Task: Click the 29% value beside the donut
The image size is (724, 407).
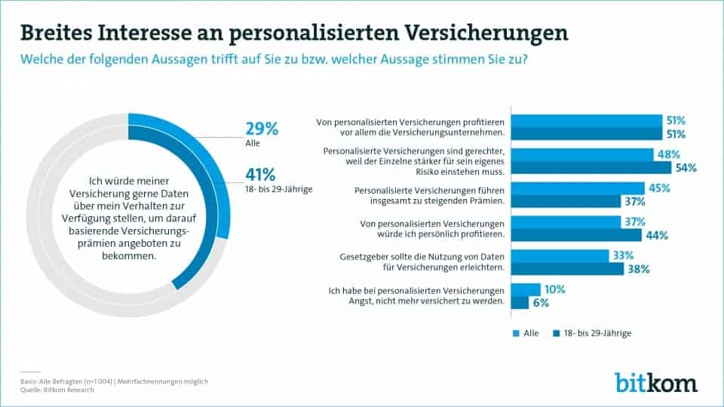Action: [x=262, y=129]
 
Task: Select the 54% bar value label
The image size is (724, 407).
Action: [x=686, y=168]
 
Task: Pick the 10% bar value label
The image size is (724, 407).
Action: [x=554, y=289]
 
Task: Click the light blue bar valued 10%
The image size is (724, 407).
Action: [x=526, y=289]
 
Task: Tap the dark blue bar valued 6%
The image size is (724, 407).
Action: [x=520, y=303]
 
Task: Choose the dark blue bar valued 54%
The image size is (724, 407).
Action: [x=591, y=168]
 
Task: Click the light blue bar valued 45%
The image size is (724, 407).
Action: [x=578, y=188]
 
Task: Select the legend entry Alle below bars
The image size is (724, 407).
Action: [x=528, y=332]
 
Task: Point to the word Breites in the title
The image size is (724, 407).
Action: [x=54, y=33]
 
